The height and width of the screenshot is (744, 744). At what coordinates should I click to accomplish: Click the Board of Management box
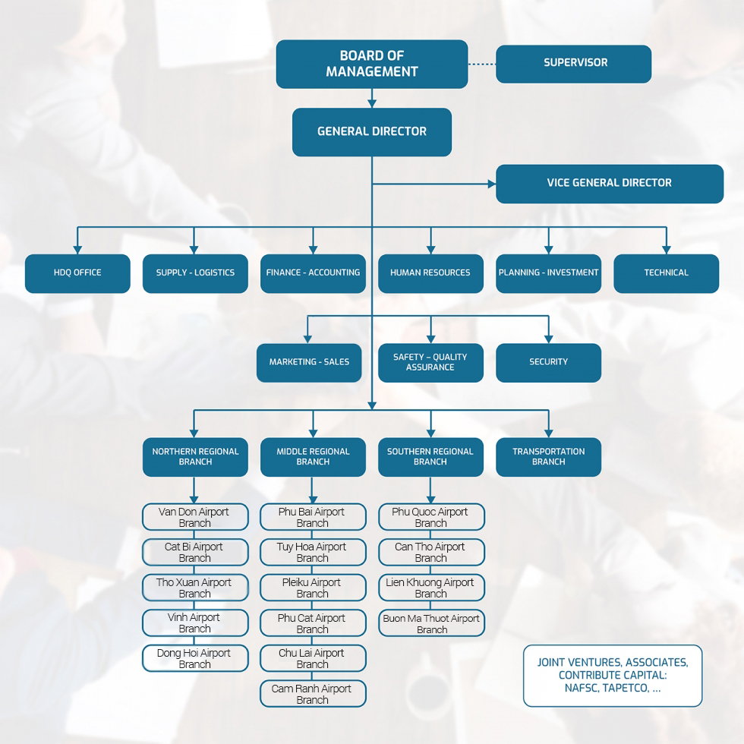click(371, 64)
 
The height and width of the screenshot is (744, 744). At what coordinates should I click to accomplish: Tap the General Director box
click(371, 131)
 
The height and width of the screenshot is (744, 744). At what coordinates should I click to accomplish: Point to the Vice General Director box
click(609, 183)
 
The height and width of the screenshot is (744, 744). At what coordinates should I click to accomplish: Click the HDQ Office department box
click(77, 273)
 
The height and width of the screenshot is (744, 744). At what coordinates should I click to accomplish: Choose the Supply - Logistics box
click(195, 273)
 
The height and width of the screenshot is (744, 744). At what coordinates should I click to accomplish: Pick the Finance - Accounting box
click(313, 273)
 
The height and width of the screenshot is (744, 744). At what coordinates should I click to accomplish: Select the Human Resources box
click(430, 273)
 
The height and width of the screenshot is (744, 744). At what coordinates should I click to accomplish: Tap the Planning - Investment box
click(548, 273)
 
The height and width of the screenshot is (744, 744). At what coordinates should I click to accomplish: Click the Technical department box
click(666, 273)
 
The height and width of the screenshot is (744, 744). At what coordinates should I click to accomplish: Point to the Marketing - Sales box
click(309, 362)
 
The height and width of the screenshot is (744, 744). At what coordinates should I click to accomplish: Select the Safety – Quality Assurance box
click(430, 362)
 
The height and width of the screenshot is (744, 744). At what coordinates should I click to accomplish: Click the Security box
click(548, 362)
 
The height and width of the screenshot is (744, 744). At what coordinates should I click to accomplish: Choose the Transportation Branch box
click(548, 457)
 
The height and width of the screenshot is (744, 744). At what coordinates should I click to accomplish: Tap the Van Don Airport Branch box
click(195, 517)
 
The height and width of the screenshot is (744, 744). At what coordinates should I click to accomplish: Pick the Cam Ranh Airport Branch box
click(313, 694)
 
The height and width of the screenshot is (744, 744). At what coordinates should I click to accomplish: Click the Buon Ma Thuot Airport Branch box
click(431, 623)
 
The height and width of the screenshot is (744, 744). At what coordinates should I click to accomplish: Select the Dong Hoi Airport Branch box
click(195, 658)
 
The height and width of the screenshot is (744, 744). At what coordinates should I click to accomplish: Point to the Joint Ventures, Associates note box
click(613, 676)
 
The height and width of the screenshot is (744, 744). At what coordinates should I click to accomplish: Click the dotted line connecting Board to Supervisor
click(481, 64)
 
